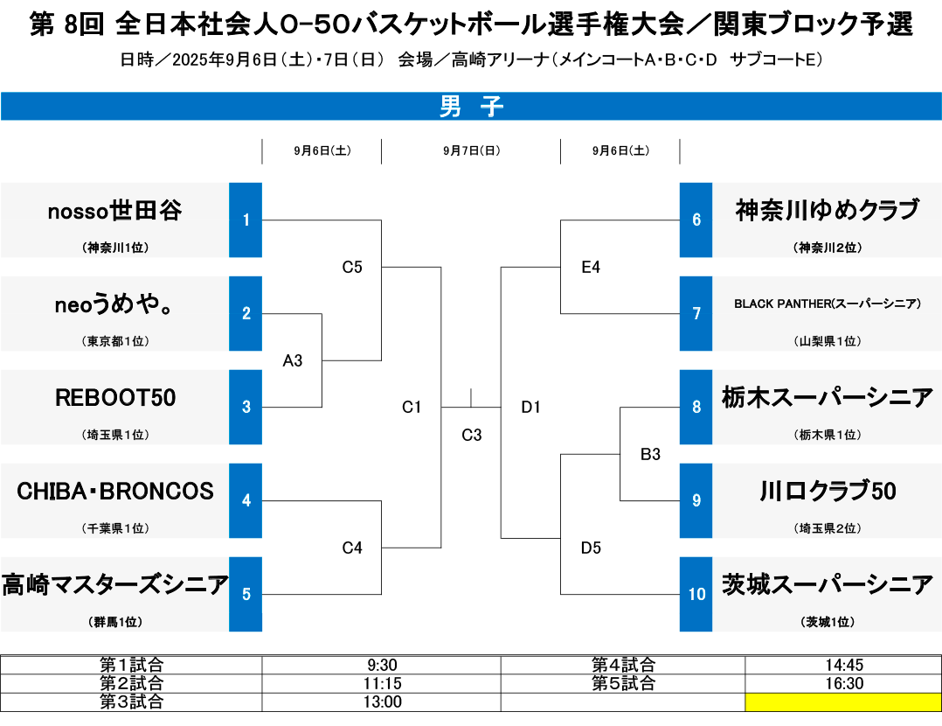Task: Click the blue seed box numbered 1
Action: [245, 220]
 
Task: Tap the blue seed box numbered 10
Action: [696, 594]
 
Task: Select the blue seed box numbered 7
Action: [696, 313]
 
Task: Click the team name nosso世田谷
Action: [114, 211]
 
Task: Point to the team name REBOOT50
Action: [115, 398]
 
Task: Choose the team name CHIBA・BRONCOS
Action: [115, 492]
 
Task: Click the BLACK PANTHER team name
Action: [828, 304]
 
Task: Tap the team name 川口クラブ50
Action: [828, 492]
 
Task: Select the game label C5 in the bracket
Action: [352, 267]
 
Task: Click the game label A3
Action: [293, 360]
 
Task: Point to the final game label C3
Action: [472, 435]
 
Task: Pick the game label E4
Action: [591, 267]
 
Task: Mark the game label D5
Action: [591, 548]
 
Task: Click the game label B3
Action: [650, 454]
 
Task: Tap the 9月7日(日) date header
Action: [472, 150]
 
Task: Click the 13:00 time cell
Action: [382, 702]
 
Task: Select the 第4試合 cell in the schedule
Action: [623, 665]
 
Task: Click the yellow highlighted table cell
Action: [843, 702]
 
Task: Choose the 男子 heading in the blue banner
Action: [471, 107]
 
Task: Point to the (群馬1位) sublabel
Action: [115, 622]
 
